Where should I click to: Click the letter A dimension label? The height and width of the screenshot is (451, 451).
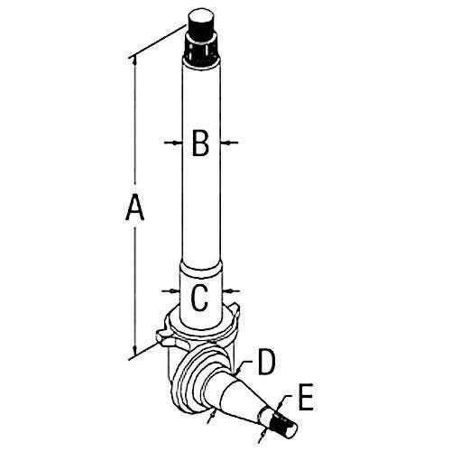click(x=135, y=207)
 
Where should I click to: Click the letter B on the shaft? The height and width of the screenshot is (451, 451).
click(x=200, y=143)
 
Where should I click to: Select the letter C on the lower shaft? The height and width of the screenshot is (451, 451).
click(x=199, y=298)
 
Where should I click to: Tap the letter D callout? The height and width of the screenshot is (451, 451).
click(x=266, y=362)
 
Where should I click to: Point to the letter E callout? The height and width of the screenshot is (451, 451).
click(x=306, y=397)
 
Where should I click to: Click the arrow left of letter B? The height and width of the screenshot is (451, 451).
click(x=173, y=143)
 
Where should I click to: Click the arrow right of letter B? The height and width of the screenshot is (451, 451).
click(x=229, y=143)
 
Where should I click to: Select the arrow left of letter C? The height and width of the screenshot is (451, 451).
click(x=170, y=290)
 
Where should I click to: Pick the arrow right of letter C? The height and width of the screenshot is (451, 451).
click(x=232, y=290)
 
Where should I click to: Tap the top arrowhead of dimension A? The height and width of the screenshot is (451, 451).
click(x=134, y=60)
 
